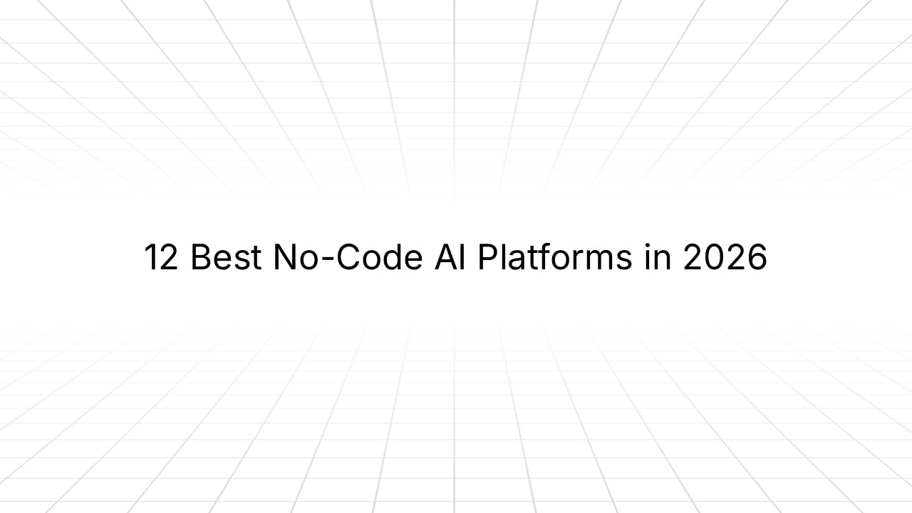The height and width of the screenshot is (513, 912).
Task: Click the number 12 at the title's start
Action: (x=161, y=257)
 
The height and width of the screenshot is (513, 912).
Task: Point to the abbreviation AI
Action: (x=450, y=257)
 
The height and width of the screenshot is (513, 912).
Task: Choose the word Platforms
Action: (x=554, y=257)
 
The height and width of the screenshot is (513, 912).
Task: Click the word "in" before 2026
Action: (x=658, y=257)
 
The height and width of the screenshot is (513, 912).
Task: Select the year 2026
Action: (x=725, y=257)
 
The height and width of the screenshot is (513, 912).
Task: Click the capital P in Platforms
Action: (x=487, y=257)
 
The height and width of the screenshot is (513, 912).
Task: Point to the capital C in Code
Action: (x=349, y=257)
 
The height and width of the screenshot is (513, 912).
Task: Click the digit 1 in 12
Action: (x=150, y=257)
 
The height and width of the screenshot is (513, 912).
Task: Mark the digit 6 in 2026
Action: (x=757, y=257)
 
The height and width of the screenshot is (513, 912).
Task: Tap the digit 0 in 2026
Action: (x=715, y=257)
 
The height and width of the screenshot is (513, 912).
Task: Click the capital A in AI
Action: (x=445, y=257)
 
